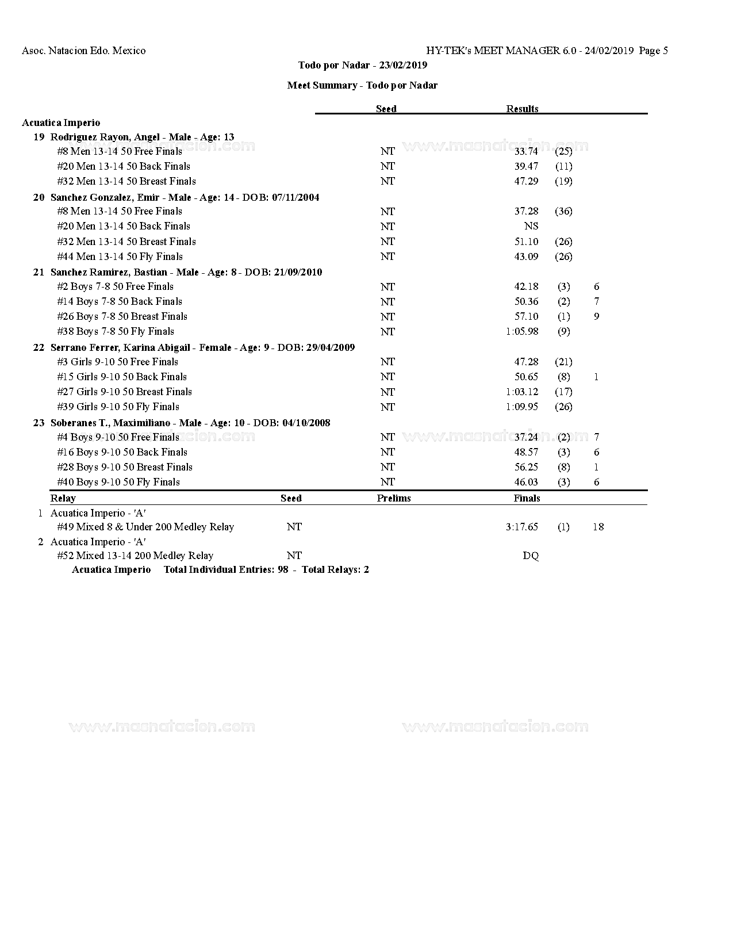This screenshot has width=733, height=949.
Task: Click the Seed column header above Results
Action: point(386,109)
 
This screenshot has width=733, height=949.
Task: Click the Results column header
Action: point(522,109)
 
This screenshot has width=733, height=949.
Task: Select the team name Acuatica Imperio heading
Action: point(61,123)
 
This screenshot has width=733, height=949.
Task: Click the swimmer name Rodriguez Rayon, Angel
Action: point(105,137)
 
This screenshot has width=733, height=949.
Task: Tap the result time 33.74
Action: point(526,151)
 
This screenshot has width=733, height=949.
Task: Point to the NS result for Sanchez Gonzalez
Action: point(531,226)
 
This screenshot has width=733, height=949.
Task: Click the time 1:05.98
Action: point(522,331)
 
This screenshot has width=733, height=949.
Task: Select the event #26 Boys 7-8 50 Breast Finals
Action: point(122,316)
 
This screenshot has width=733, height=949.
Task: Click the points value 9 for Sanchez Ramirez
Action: point(597,316)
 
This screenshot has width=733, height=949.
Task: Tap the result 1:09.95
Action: point(522,407)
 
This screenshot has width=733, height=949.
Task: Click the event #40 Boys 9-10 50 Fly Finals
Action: point(118,482)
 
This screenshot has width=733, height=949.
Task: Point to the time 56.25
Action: point(526,467)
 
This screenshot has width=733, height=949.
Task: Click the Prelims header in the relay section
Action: point(394,498)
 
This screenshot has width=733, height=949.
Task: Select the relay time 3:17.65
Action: point(522,527)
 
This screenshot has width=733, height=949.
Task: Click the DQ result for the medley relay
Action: point(531,556)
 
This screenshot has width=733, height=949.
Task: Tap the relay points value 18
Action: point(598,527)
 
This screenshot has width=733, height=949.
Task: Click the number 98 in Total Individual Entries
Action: point(282,569)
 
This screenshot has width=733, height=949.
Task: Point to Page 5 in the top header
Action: point(653,51)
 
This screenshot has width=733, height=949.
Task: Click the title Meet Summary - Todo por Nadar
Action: point(362,85)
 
